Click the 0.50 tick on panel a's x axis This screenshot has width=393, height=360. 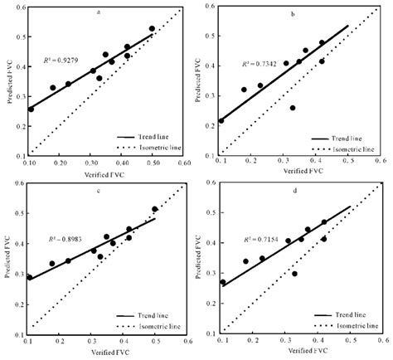(153, 163)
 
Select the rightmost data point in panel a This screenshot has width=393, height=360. (152, 29)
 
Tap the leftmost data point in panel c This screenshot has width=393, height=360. (31, 277)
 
